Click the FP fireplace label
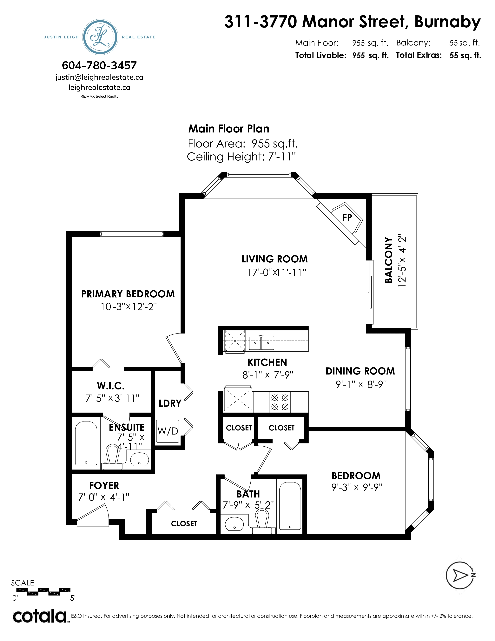(x=347, y=218)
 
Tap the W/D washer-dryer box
(x=168, y=431)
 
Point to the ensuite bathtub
(x=86, y=443)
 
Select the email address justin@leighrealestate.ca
(x=99, y=77)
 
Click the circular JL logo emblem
(x=101, y=37)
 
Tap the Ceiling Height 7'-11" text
(x=241, y=157)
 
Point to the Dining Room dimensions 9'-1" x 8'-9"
(x=361, y=384)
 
